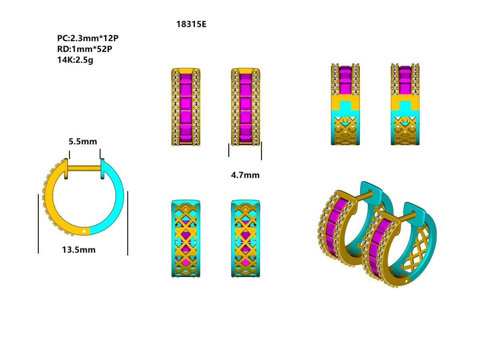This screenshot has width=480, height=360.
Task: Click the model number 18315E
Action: tap(191, 24)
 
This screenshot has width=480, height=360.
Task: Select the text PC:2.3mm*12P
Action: tap(88, 38)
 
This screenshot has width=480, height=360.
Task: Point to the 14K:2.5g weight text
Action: tap(75, 60)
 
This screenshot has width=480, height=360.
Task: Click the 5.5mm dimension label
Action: tap(83, 142)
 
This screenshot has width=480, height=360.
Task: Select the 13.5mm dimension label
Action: tap(79, 250)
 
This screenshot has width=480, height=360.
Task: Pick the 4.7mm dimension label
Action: tap(245, 175)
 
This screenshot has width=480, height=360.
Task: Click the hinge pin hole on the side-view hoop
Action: tap(84, 231)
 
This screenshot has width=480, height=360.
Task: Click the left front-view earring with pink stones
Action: tap(186, 107)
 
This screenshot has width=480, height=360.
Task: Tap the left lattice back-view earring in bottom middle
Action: tap(186, 239)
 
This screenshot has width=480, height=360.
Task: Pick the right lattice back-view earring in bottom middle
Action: tap(245, 239)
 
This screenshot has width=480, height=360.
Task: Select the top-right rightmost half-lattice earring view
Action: tap(405, 104)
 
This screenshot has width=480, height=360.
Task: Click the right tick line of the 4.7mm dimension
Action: tap(261, 151)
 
